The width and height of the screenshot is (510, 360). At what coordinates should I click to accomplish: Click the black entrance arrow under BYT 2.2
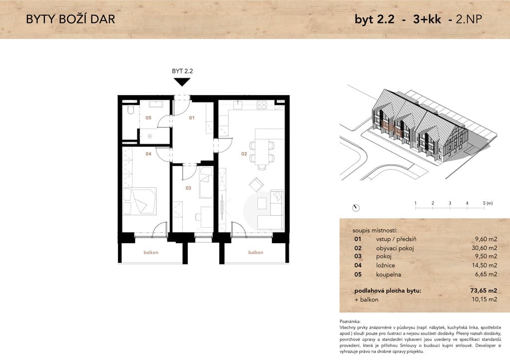point(182,82)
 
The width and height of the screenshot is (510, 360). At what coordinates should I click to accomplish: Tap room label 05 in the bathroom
point(148,117)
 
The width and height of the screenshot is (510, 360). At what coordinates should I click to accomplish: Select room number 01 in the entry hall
point(192,117)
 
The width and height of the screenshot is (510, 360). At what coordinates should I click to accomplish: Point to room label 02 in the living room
point(244,154)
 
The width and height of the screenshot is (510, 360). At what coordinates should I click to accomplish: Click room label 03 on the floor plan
point(188,187)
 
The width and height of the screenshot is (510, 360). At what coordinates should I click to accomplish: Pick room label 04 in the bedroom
point(148,154)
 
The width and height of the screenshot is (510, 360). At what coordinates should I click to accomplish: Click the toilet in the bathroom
point(131,110)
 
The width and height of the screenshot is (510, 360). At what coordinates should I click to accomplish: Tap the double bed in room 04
point(139,201)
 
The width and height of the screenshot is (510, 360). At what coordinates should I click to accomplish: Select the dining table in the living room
point(262,152)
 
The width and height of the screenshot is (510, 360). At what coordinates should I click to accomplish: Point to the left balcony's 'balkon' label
point(151,252)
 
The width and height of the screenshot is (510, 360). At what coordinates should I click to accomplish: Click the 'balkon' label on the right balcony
point(255,252)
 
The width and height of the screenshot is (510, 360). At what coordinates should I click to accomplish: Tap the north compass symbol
point(356,208)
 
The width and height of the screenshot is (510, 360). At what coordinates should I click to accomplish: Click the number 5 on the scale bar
point(484,203)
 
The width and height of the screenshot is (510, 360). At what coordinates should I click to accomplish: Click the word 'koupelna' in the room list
point(388,274)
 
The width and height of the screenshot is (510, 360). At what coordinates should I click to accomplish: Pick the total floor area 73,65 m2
point(484,290)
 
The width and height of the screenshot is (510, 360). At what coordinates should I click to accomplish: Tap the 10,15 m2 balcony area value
point(484,299)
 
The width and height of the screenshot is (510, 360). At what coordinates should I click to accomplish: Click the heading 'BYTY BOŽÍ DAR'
point(71,19)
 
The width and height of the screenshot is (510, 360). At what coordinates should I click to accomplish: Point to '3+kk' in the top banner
point(427,19)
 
